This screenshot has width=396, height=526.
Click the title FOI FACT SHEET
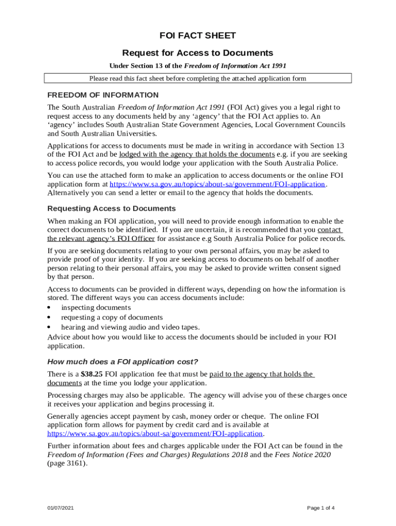197,35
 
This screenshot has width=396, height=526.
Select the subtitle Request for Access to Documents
197,53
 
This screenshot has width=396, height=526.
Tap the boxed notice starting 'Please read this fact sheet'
197,79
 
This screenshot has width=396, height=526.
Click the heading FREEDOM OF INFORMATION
103,95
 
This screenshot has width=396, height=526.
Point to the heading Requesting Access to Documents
112,209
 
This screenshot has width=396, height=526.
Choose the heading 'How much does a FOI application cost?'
122,361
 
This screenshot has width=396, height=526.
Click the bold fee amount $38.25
92,374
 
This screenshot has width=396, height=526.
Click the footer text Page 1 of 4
321,508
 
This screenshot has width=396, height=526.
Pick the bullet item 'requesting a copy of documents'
112,317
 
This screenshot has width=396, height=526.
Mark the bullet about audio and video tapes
130,327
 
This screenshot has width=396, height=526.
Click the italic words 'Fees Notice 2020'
303,455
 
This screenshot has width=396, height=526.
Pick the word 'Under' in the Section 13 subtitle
118,66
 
